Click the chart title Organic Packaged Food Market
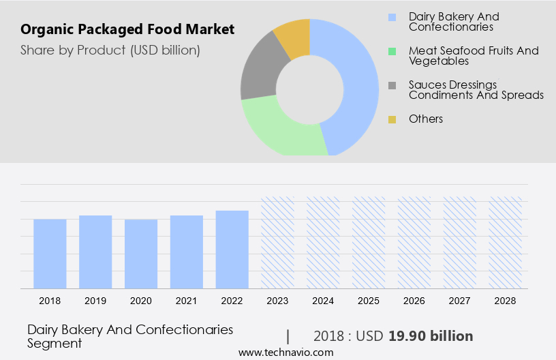127,29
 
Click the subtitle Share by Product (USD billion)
110,50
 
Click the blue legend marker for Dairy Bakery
392,17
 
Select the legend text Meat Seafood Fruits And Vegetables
473,56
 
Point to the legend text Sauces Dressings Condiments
476,90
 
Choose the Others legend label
425,119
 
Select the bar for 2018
50,254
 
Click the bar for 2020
141,254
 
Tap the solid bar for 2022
232,250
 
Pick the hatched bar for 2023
277,243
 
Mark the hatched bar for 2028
506,243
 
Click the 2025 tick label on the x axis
369,301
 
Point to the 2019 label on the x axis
95,301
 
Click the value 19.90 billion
431,336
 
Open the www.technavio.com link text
286,352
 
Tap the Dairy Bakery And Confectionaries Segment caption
129,336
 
